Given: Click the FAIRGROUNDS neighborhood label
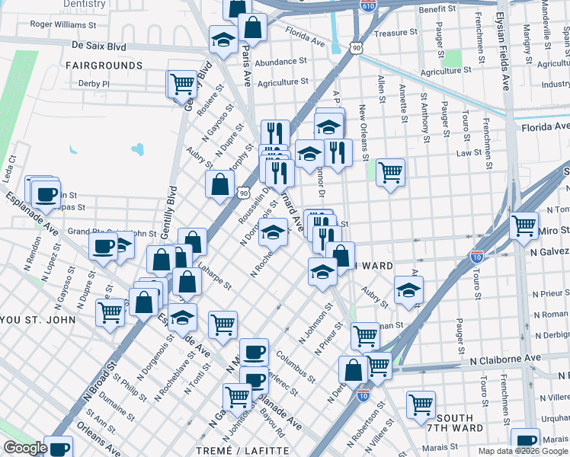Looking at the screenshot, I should (104, 66).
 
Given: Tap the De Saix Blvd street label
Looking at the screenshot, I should (98, 46).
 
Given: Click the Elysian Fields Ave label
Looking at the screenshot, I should (504, 46).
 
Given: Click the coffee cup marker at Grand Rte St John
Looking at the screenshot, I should (103, 245).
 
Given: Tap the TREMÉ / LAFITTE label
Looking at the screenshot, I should (253, 450).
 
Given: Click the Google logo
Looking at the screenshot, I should (25, 448).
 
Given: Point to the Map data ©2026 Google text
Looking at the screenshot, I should (523, 451).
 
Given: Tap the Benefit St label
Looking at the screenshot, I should (437, 9).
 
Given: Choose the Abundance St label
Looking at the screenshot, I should (280, 62).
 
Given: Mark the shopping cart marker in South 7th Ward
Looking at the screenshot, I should (421, 404).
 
